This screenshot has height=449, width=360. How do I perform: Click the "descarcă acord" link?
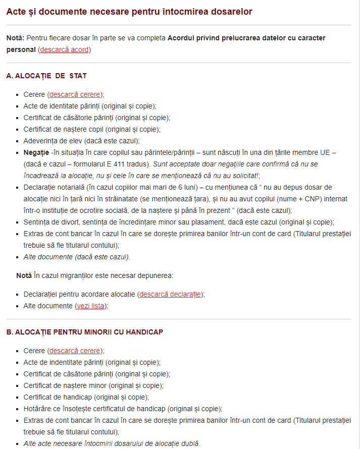[64, 49]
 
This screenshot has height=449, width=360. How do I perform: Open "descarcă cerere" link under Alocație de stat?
[75, 94]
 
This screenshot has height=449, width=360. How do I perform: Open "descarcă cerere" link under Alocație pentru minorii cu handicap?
[75, 351]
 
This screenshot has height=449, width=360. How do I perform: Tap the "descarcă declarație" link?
[170, 294]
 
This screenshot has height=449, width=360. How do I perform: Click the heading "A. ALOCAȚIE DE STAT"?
[46, 76]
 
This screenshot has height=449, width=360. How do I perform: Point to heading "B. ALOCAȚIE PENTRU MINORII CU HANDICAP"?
[84, 332]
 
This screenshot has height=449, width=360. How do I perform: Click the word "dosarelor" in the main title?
[230, 11]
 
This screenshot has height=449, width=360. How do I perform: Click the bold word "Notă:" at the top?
[16, 38]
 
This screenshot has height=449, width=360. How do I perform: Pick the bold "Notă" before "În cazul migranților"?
[24, 275]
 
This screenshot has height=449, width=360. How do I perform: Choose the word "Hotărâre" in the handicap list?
[37, 409]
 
